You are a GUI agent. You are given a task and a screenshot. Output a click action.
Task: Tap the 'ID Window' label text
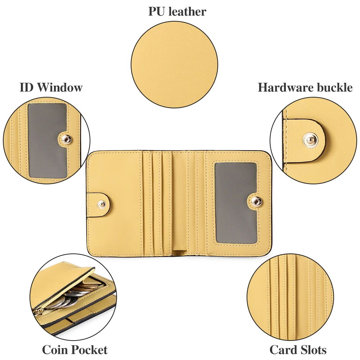tap(51, 87)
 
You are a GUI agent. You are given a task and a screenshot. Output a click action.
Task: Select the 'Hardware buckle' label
tap(305, 87)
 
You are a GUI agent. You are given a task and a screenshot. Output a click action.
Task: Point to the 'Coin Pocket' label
tap(75, 350)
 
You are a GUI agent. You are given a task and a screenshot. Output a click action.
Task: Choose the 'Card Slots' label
tap(298, 350)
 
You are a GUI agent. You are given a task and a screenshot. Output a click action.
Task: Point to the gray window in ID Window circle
tap(47, 140)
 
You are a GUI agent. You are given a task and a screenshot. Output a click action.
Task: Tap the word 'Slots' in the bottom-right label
tap(313, 350)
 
